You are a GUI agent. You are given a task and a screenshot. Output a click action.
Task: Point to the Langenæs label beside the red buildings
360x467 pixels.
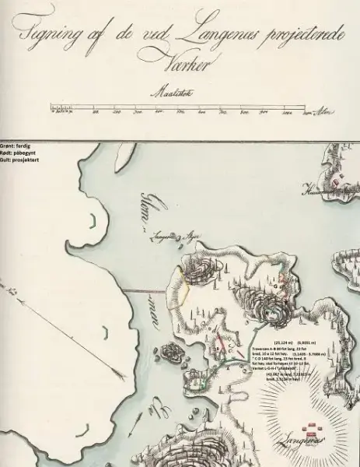[299, 439]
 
